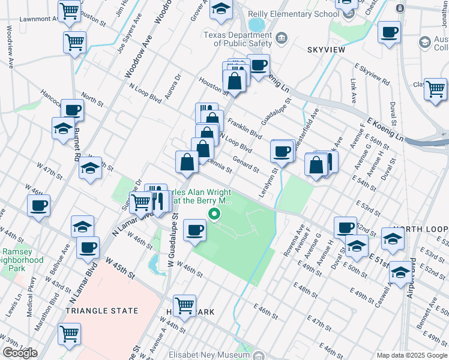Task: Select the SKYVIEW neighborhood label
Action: pos(327,50)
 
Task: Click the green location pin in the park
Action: pos(214,213)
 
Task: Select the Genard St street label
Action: pos(247,166)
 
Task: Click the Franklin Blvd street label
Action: pos(245,129)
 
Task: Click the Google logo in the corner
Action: pos(20,353)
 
